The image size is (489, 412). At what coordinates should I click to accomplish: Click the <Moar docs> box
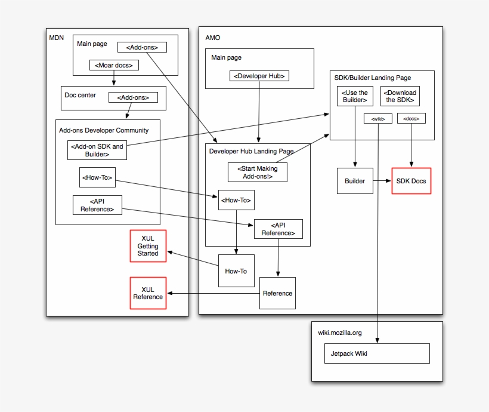[x=114, y=65]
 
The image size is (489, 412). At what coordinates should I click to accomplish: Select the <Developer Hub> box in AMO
[x=259, y=76]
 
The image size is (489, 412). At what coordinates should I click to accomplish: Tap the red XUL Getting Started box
[x=148, y=245]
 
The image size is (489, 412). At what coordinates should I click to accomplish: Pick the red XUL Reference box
[x=148, y=293]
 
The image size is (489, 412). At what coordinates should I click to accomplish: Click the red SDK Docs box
[x=411, y=181]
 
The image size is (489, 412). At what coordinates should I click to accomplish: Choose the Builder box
[x=355, y=181]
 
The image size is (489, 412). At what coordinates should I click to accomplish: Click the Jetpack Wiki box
[x=380, y=353]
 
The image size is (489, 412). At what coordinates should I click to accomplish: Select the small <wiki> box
[x=378, y=119]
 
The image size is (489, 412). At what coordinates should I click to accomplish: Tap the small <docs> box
[x=411, y=119]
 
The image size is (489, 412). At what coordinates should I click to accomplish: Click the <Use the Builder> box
[x=355, y=96]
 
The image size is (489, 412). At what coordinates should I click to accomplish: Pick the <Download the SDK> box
[x=400, y=96]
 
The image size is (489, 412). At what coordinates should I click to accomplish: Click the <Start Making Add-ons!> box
[x=258, y=173]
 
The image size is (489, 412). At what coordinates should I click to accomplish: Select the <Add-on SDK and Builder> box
[x=97, y=150]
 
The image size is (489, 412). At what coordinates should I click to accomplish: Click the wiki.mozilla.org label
[x=340, y=333]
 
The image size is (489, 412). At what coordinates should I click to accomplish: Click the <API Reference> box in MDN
[x=97, y=205]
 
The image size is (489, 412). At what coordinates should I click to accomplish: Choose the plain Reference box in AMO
[x=277, y=293]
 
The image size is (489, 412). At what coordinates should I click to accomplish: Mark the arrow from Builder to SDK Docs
[x=382, y=181]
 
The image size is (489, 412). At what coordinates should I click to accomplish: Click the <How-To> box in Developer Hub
[x=236, y=201]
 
